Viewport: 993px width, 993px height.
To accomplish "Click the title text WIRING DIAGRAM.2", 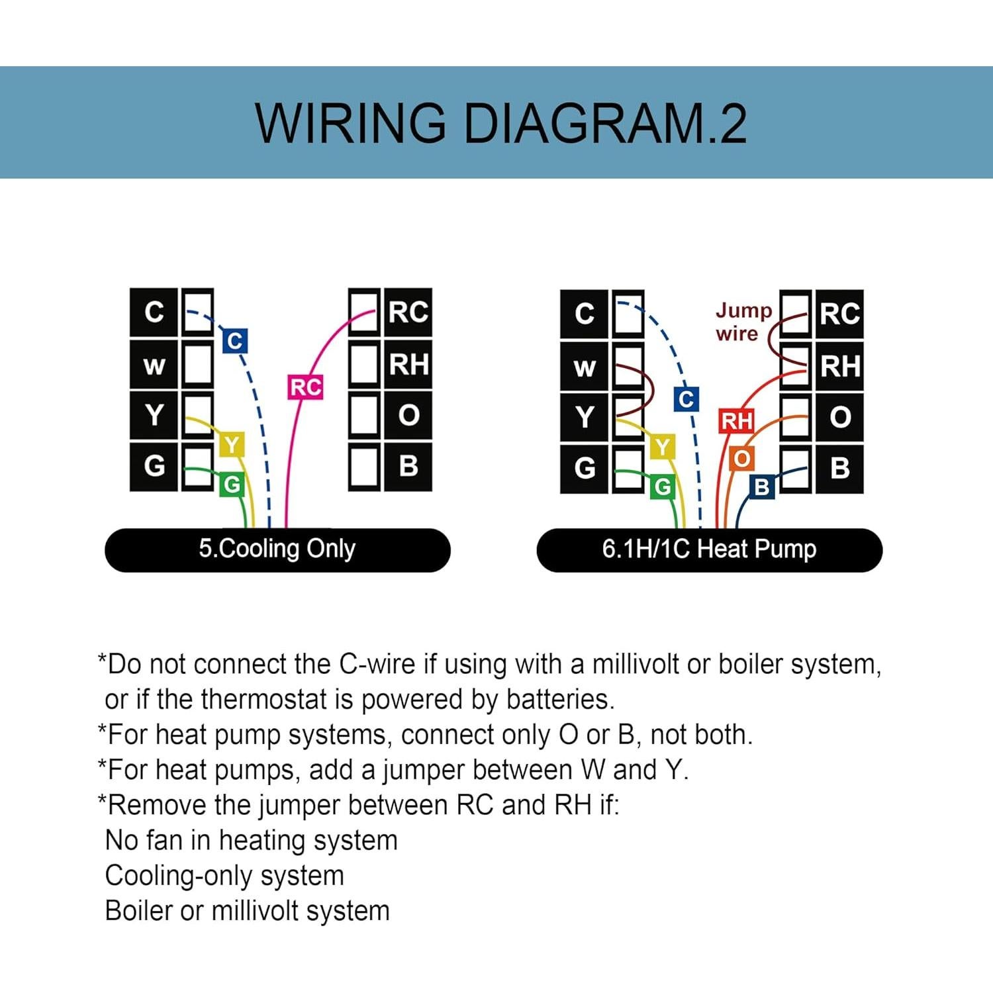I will click(501, 123).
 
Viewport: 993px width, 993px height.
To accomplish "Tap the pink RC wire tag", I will click(305, 387).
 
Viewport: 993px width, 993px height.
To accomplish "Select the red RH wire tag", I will click(736, 421).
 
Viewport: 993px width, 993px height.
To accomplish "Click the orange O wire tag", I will click(741, 459).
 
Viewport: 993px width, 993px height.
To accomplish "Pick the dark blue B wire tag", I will click(761, 487).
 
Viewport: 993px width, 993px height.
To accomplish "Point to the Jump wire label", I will click(743, 322).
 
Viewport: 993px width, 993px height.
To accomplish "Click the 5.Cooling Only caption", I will click(277, 549).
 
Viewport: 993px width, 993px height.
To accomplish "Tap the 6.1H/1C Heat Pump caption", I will click(709, 549).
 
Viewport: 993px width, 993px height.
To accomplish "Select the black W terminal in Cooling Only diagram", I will click(154, 365).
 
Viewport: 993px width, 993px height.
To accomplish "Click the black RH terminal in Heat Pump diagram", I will click(839, 366).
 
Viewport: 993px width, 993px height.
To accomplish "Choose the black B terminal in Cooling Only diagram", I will click(408, 467).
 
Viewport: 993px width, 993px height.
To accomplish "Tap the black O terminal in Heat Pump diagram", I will click(839, 417).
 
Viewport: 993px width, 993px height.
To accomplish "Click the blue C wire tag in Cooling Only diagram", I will click(234, 342).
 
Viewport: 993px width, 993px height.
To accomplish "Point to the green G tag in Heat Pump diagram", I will click(662, 488).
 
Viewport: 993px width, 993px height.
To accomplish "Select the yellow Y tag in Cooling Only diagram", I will click(231, 446).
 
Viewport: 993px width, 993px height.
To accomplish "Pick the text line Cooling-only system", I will click(224, 876).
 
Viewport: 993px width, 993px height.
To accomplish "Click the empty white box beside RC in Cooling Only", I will click(363, 311).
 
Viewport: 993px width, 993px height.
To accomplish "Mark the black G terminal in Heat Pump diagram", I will click(584, 469).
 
